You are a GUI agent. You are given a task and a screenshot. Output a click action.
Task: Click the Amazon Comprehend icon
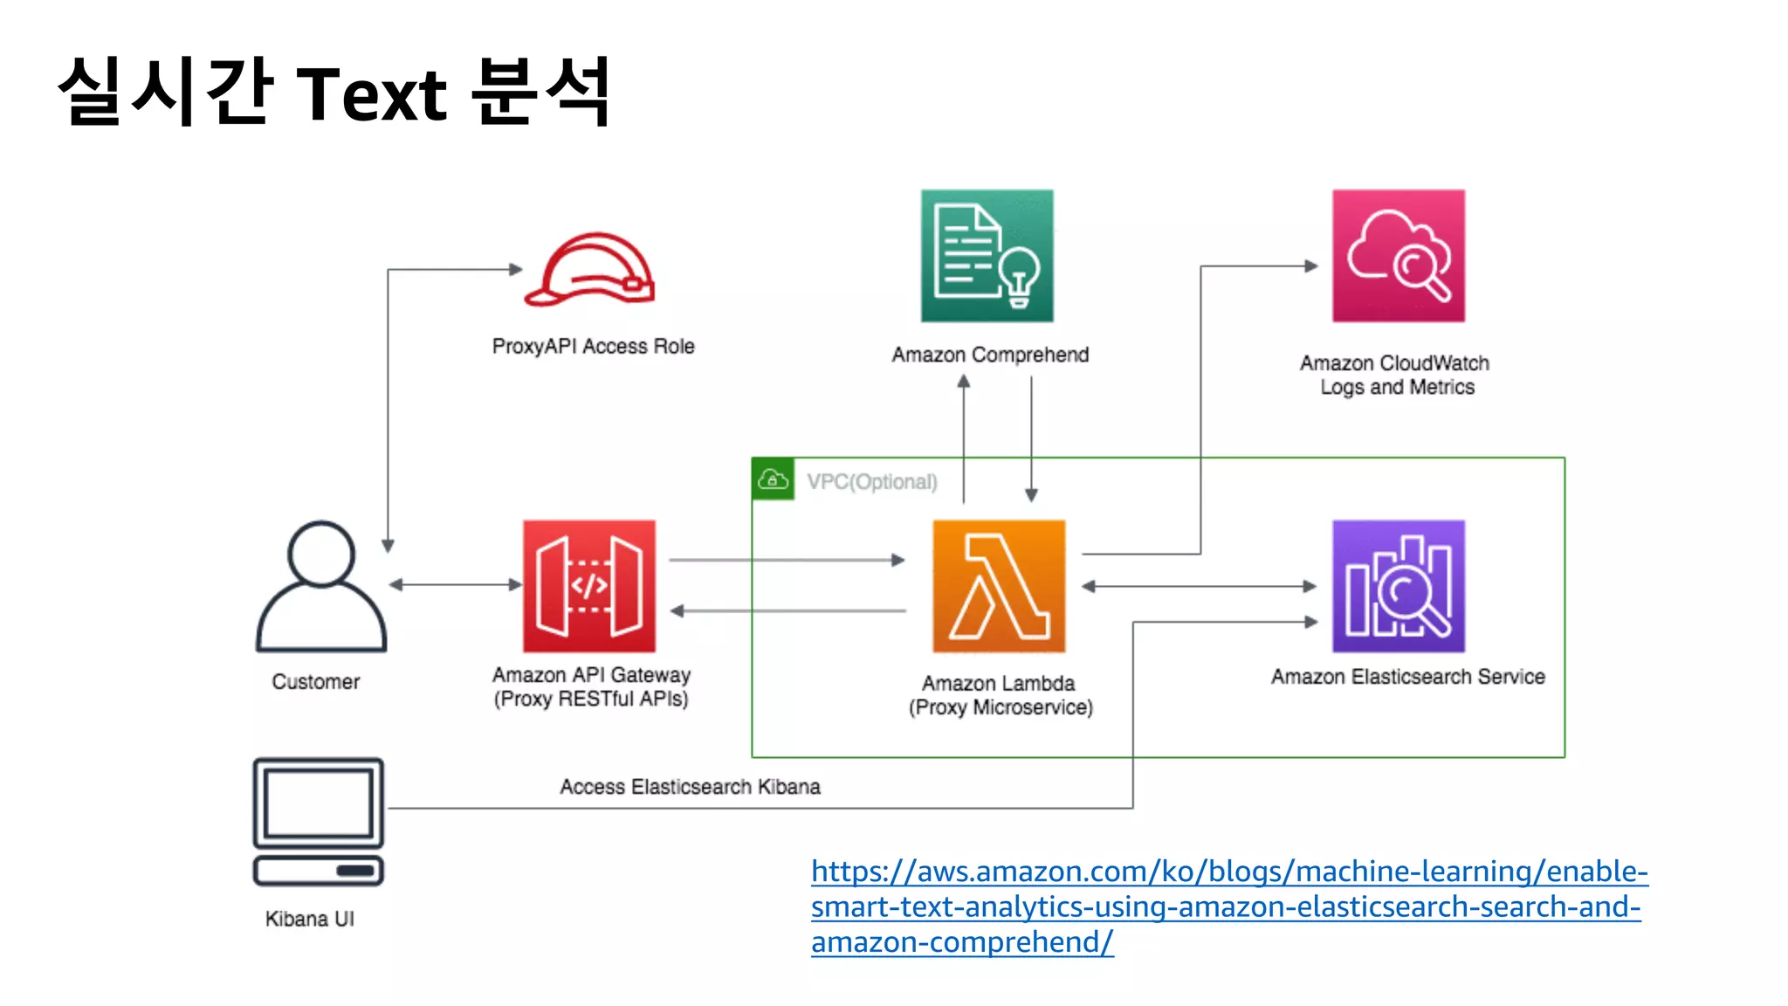coord(987,256)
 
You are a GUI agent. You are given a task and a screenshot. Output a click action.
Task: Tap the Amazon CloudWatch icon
coord(1398,256)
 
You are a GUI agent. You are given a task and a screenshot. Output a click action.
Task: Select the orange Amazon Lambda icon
coord(999,586)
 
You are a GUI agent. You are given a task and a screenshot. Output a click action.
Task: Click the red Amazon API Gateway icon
coord(589,586)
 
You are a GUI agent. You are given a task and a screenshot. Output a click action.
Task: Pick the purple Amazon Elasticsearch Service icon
coord(1398,586)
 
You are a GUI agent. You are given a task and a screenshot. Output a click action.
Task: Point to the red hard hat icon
coord(590,270)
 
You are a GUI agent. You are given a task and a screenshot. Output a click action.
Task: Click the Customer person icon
coord(320,587)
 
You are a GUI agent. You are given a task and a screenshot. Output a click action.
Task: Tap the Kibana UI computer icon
coord(319,822)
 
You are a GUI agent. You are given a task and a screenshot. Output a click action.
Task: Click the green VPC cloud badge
coord(773,479)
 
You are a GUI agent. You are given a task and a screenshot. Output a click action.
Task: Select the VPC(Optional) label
coord(872,482)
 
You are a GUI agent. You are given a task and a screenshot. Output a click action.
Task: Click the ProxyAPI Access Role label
coord(594,347)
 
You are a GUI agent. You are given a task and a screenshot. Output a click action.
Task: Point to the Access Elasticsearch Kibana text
coord(690,787)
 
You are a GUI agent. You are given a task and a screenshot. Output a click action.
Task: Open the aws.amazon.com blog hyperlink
coord(1228,906)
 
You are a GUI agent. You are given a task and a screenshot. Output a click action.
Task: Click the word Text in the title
coord(373,94)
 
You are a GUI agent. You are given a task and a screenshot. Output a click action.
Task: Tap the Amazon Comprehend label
coord(990,355)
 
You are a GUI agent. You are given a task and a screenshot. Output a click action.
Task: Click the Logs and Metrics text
coord(1397,387)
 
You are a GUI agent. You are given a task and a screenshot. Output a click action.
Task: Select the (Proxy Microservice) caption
coord(1001,707)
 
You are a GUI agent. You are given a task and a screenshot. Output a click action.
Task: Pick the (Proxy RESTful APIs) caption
coord(591,699)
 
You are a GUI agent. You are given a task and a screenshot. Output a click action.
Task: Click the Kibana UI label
coord(310,919)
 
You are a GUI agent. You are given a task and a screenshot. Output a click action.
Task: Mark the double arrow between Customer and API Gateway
coord(455,584)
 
